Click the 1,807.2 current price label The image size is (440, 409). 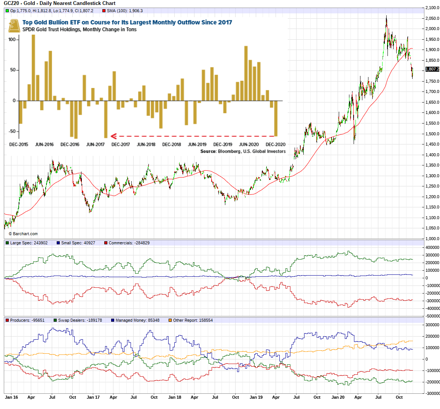tap(432, 69)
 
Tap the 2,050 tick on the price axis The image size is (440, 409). tap(432, 18)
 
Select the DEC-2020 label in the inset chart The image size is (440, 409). tap(276, 144)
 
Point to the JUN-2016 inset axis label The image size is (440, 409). tap(44, 144)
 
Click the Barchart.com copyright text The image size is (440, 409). tap(23, 234)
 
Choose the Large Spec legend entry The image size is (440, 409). tap(29, 243)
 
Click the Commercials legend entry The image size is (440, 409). tap(129, 243)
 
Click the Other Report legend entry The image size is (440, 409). tap(193, 320)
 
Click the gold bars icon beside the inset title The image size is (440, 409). tap(14, 26)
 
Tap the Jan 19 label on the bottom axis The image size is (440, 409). tap(256, 397)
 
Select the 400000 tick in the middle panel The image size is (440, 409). tap(432, 247)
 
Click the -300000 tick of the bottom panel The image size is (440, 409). tap(432, 393)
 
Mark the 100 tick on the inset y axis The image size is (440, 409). tap(12, 39)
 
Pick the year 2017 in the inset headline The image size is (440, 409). tap(225, 22)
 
